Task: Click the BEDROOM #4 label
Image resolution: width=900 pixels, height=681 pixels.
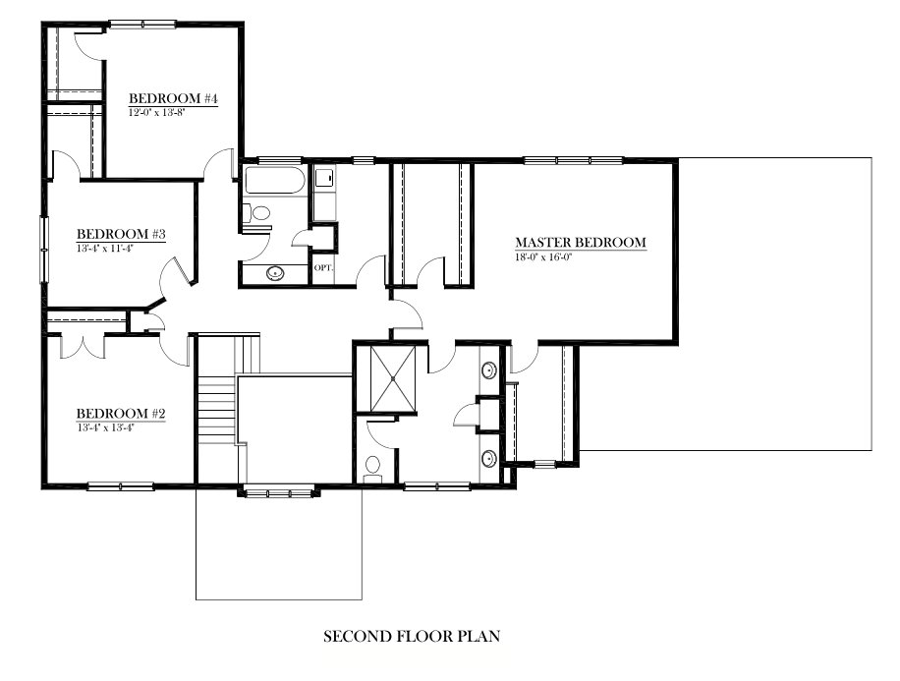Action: point(173,100)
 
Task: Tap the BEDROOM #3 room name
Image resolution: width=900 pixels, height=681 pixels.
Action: point(120,235)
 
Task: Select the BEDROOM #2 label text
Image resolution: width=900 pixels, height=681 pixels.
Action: point(120,414)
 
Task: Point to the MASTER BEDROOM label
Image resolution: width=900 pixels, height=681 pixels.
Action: point(581,243)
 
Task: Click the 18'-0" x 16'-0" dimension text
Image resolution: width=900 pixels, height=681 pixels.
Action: point(543,257)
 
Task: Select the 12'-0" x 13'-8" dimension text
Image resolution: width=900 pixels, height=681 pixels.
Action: point(157,113)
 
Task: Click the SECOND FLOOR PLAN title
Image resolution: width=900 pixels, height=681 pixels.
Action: point(413,637)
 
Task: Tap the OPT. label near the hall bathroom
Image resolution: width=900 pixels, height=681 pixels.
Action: point(322,267)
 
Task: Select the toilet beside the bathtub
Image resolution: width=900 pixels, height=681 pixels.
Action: point(258,212)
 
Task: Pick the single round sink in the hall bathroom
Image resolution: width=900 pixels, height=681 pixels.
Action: point(274,273)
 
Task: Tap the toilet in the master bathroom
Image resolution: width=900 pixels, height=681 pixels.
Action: point(372,466)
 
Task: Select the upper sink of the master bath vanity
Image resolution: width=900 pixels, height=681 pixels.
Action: point(489,370)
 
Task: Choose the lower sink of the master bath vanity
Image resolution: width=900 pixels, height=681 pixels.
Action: point(489,455)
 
